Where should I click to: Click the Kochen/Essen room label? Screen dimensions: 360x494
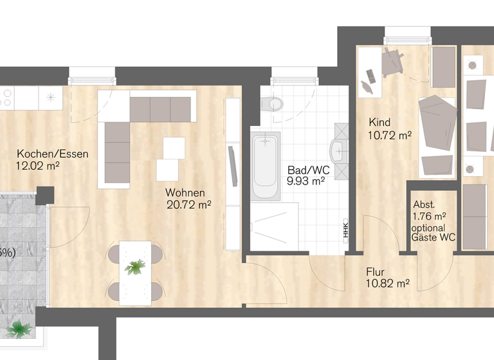tap(53, 154)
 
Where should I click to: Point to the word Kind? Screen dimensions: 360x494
tap(380, 122)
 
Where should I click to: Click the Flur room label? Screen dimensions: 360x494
tap(376, 271)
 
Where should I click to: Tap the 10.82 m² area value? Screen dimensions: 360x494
tap(388, 283)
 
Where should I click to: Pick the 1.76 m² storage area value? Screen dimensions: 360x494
tap(430, 216)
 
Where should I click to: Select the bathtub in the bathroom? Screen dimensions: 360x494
tap(266, 166)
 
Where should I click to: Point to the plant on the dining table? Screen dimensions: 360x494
tap(136, 266)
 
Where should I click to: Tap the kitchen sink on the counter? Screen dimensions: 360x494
tap(50, 98)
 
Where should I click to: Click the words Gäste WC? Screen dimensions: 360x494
tap(434, 238)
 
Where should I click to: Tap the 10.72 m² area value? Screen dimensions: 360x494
tap(390, 135)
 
